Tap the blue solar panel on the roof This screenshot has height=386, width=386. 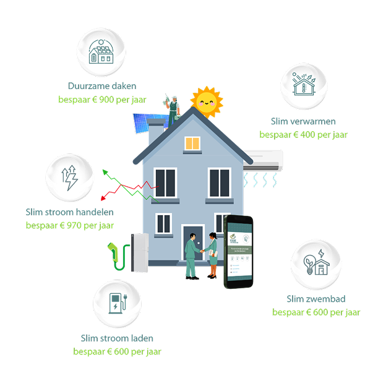(x=147, y=124)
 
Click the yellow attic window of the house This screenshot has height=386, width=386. (x=192, y=144)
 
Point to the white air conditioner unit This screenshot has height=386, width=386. (x=262, y=160)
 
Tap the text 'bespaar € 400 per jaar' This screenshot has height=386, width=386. (x=303, y=134)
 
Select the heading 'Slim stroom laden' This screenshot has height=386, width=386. (x=117, y=338)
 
